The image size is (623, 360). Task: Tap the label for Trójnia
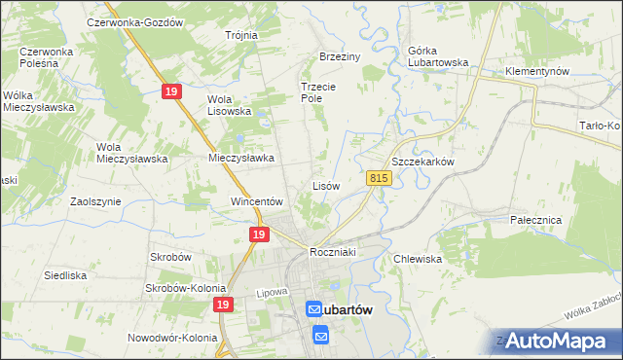pos(240,35)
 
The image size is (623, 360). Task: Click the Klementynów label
pos(536,72)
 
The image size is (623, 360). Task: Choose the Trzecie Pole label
pos(317,91)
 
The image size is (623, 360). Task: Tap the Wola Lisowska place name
pos(230,105)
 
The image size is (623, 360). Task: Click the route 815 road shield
pos(380,178)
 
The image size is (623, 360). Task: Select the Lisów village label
pos(325,185)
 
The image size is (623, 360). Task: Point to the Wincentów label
pos(256,201)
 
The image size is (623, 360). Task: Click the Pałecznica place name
pos(536,220)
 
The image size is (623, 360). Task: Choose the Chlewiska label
pos(419,259)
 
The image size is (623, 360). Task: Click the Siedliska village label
pos(66,275)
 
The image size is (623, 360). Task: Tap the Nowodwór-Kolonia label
pos(172,339)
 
